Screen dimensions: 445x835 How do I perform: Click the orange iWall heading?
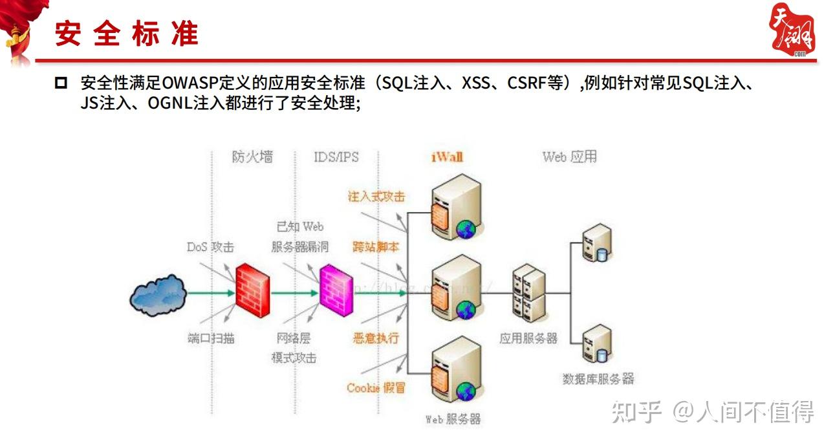coord(447,157)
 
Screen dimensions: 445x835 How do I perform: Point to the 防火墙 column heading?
coord(252,157)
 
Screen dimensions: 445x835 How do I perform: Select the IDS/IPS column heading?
coord(336,157)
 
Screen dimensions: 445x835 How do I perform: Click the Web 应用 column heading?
coord(569,157)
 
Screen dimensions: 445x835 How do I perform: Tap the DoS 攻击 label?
coord(210,247)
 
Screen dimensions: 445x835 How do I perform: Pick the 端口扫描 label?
coord(211,338)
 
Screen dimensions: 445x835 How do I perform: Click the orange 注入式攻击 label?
coord(376,197)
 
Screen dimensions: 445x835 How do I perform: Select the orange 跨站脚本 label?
coord(376,247)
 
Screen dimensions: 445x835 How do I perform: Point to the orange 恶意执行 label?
coord(376,338)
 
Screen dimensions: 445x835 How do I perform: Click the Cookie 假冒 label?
coord(376,388)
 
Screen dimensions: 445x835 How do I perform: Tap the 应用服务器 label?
coord(528,338)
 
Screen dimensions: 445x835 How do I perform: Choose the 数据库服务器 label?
coord(598,379)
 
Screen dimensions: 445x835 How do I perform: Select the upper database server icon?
coord(596,242)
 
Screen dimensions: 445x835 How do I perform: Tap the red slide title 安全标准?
coord(126,34)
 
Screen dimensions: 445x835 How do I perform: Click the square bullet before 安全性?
coord(61,83)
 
